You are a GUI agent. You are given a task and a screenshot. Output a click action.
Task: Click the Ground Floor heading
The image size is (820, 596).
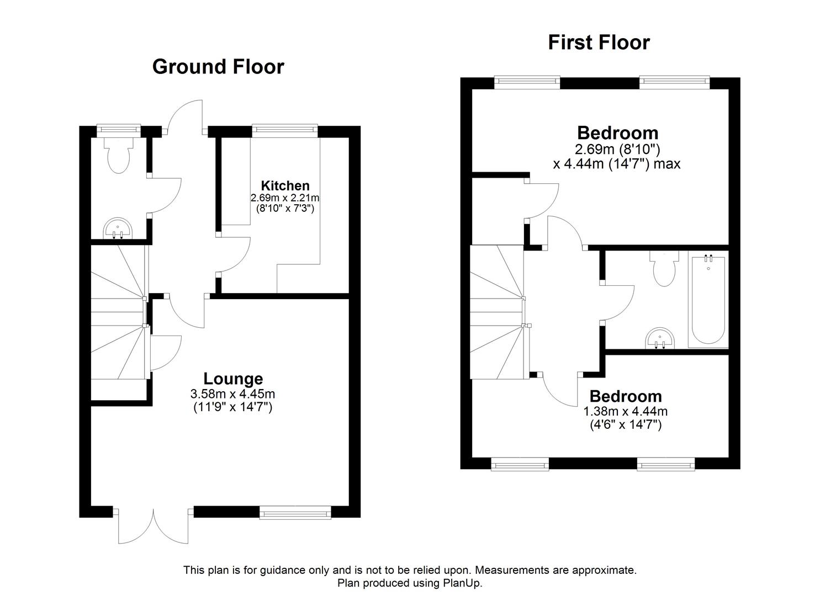pyautogui.click(x=218, y=67)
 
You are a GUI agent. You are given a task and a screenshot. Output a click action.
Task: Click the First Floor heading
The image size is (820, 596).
pyautogui.click(x=599, y=42)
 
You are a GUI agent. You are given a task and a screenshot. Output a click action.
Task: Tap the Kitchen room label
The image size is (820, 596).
pyautogui.click(x=285, y=185)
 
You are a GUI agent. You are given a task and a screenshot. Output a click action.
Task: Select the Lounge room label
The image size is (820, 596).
pyautogui.click(x=233, y=379)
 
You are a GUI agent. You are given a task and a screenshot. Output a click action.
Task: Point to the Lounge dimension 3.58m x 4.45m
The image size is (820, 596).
pyautogui.click(x=232, y=394)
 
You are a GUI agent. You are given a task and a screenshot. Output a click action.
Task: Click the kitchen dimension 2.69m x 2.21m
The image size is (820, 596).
pyautogui.click(x=285, y=198)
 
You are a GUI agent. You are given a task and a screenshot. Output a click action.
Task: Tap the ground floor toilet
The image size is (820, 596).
pyautogui.click(x=119, y=155)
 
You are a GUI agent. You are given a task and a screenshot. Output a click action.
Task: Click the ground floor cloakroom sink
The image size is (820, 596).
pyautogui.click(x=118, y=228)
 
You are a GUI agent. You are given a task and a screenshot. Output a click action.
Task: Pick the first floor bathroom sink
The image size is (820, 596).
pyautogui.click(x=659, y=338)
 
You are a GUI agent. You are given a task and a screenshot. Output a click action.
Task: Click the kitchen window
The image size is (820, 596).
pyautogui.click(x=285, y=130)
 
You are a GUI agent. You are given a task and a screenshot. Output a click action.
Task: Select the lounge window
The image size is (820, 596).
pyautogui.click(x=295, y=513)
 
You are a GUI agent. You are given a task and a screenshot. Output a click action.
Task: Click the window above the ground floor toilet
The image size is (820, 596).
pyautogui.click(x=118, y=130)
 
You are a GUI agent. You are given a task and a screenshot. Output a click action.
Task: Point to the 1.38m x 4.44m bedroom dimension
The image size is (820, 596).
pyautogui.click(x=625, y=411)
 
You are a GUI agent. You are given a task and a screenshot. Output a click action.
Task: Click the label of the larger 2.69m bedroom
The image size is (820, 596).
pyautogui.click(x=617, y=133)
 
